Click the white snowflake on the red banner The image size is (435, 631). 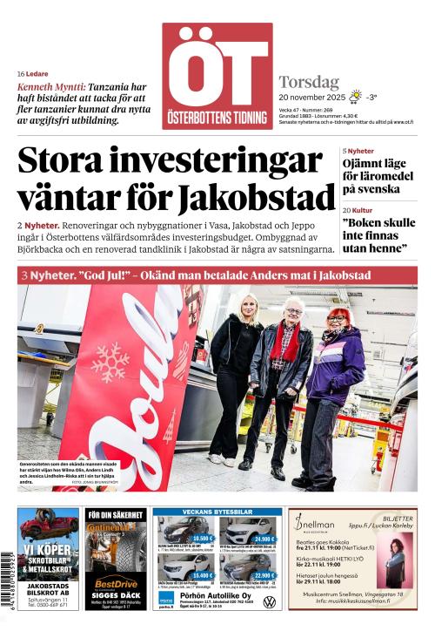tap(110, 362)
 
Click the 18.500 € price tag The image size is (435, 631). tap(202, 539)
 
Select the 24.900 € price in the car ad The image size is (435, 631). tap(264, 539)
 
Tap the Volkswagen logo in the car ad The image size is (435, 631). tap(270, 602)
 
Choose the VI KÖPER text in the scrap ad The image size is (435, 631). tap(48, 552)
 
